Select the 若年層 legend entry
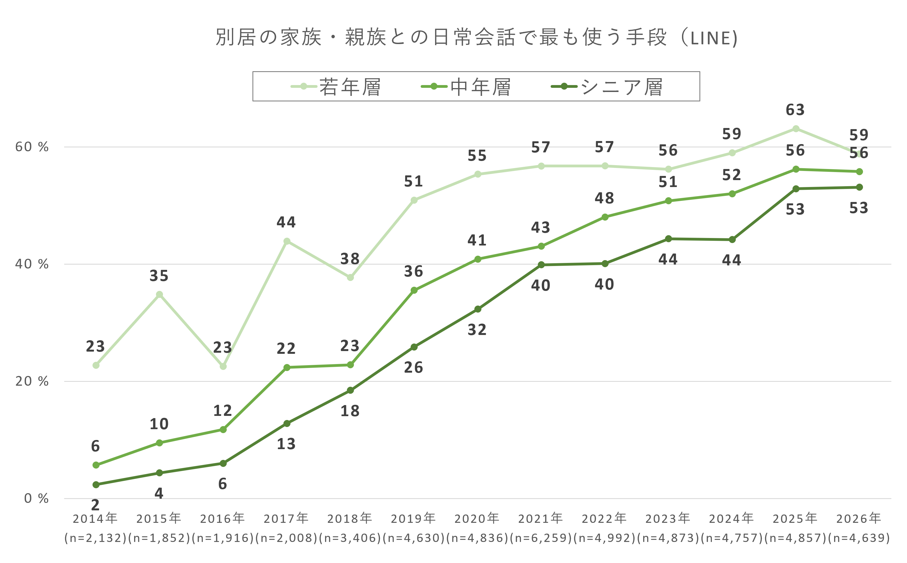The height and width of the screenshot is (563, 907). point(336,87)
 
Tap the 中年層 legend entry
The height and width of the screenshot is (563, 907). point(466,87)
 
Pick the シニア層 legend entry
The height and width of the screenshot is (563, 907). point(607,87)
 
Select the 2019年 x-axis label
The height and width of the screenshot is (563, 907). point(413,518)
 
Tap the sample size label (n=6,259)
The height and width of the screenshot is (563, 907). point(541,538)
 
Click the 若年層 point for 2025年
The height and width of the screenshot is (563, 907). point(796,129)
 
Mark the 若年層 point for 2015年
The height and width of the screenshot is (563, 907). point(159,295)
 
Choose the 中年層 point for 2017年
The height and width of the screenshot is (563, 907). point(287,367)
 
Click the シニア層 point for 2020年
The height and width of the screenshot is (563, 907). point(478,309)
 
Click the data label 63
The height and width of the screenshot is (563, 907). point(795,110)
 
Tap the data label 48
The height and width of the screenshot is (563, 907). point(604,198)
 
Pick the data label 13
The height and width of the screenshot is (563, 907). point(286,444)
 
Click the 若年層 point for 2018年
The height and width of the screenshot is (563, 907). point(350,277)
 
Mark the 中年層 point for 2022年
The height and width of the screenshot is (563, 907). point(605,217)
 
